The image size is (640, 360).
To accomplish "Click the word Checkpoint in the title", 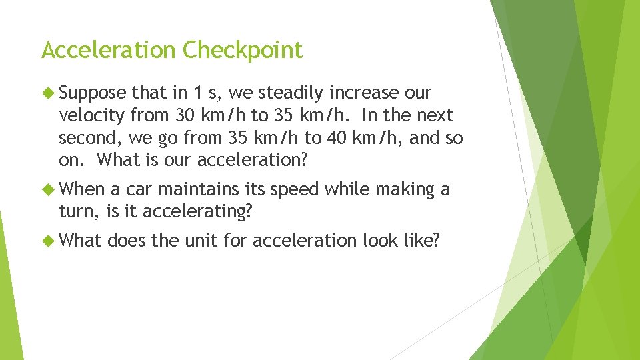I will [x=242, y=51].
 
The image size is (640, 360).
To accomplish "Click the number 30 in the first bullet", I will [x=185, y=115].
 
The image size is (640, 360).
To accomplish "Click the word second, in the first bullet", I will [x=87, y=138].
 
